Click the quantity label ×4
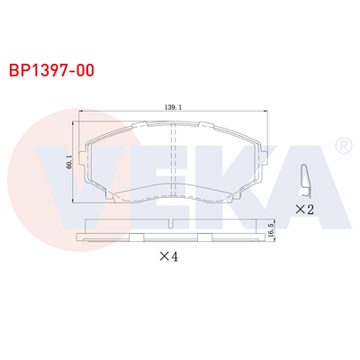(x=170, y=256)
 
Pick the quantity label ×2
(x=303, y=209)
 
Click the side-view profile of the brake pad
(x=171, y=232)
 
